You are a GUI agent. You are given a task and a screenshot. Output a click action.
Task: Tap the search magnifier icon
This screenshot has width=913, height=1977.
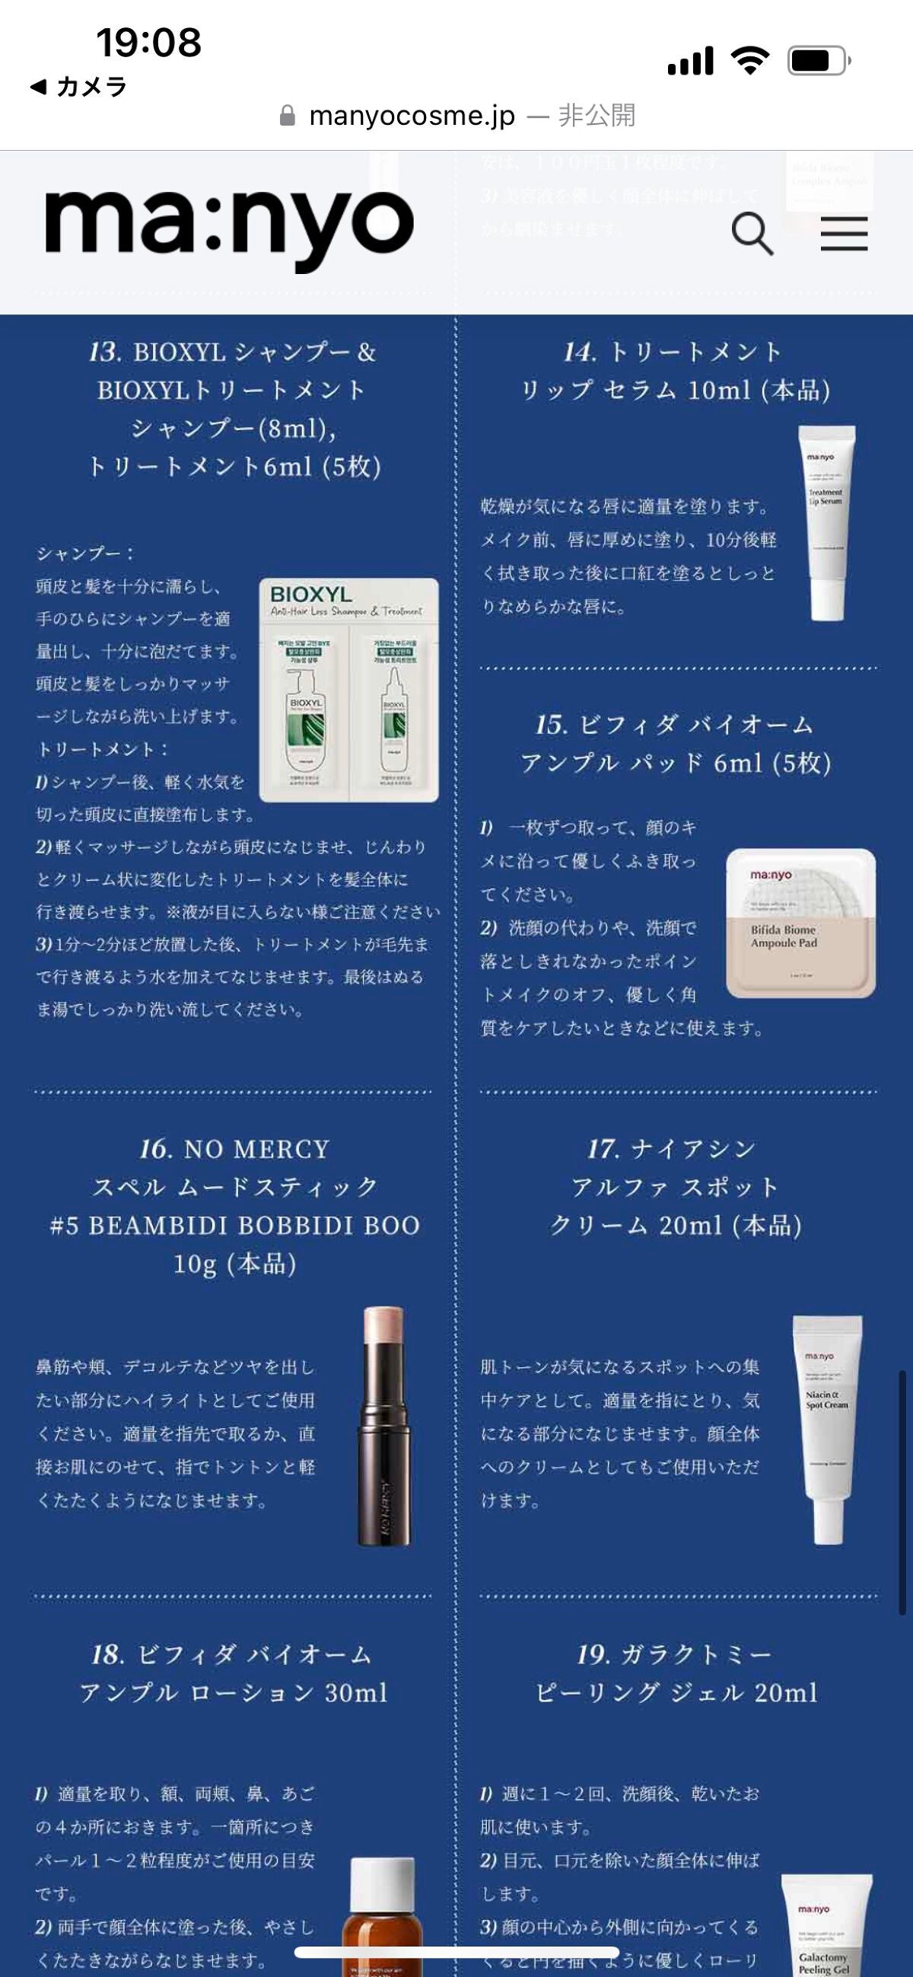pos(751,233)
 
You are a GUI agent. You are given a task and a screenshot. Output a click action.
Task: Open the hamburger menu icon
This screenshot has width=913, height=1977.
pos(844,233)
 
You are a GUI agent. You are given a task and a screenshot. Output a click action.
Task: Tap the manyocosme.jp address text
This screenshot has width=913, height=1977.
pos(412,116)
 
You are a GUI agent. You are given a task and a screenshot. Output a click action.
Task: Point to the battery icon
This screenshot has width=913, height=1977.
pos(818,61)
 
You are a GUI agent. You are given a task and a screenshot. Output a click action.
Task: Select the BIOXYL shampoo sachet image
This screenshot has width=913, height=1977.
pos(349,689)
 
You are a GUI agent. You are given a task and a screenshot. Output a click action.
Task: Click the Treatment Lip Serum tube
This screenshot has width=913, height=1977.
pos(826,522)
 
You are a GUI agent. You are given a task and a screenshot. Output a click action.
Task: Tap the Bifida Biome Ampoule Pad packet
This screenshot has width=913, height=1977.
pos(800,923)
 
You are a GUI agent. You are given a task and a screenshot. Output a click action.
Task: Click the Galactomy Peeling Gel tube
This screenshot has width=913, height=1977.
pos(826,1926)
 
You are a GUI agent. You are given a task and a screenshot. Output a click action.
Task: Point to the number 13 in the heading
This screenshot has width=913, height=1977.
pos(104,352)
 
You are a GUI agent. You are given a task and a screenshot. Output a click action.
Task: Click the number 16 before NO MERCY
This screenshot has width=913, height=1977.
pos(156,1149)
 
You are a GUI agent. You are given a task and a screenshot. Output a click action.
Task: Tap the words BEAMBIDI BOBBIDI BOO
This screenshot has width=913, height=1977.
pos(254,1226)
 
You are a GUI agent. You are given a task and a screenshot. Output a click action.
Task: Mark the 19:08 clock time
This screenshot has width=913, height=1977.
pos(148,42)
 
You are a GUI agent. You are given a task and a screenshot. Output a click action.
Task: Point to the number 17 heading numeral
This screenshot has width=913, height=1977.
pos(603,1149)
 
